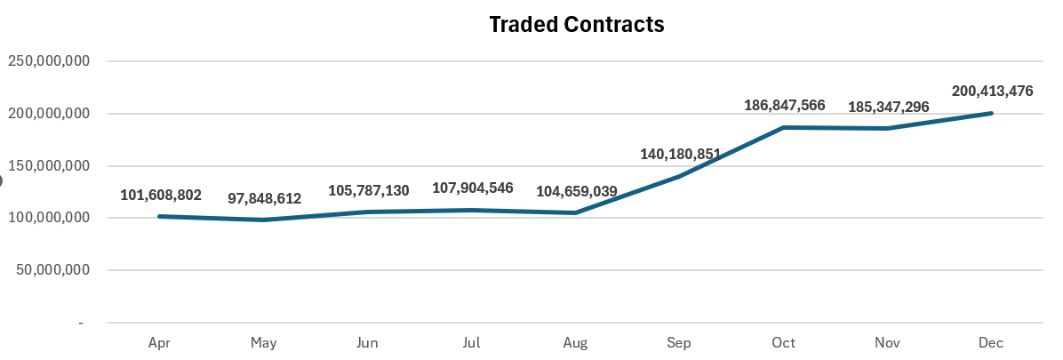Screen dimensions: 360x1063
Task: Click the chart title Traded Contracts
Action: click(x=577, y=25)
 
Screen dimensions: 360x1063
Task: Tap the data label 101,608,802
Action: click(x=161, y=196)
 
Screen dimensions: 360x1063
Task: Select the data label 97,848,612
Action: click(x=264, y=198)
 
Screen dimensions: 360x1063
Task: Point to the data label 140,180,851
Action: click(x=681, y=154)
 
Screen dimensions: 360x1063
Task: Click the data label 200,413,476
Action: click(x=992, y=91)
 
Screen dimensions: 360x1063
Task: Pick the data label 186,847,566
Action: click(x=785, y=105)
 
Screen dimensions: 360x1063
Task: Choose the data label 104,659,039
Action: click(x=577, y=191)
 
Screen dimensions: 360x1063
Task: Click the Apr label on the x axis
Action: click(x=160, y=343)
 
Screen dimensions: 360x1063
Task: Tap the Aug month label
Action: click(x=576, y=343)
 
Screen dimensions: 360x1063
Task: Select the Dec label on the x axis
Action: click(x=992, y=343)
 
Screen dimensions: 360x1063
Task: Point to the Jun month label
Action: click(x=368, y=343)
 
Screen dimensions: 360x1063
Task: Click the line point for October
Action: click(x=784, y=128)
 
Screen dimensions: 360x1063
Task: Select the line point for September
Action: click(x=680, y=176)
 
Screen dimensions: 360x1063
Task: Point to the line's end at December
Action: click(x=991, y=113)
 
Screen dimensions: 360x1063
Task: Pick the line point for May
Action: click(x=264, y=220)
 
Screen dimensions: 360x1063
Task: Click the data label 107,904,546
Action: click(x=473, y=188)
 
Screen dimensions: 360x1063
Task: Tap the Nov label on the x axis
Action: click(x=888, y=343)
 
